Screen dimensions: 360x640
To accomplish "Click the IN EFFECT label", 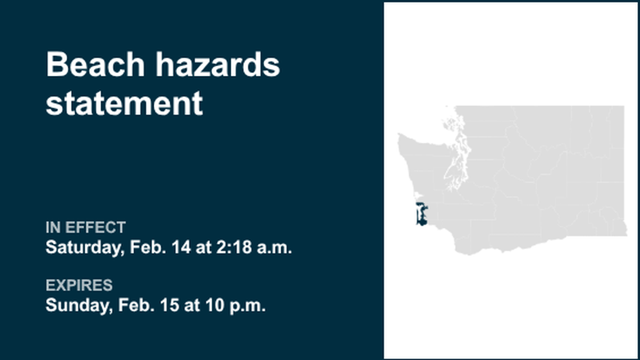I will (x=85, y=227).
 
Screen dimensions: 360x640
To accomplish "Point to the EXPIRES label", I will (x=79, y=285).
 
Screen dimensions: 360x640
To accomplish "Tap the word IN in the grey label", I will (x=53, y=227).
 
